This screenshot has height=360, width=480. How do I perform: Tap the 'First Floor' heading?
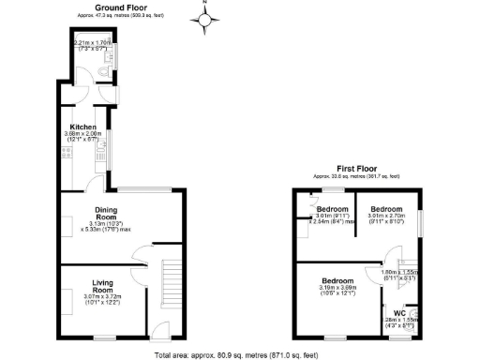tap(355, 169)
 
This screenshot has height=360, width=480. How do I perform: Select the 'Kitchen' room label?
tap(82, 127)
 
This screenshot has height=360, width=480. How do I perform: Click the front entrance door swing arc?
tap(158, 326)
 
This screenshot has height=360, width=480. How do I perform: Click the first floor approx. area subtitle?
tap(355, 176)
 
